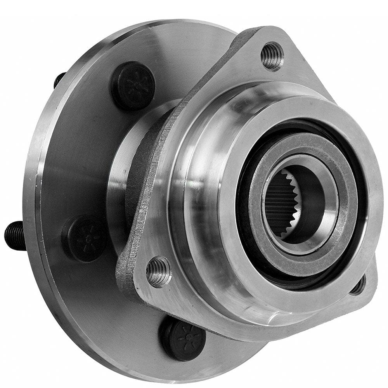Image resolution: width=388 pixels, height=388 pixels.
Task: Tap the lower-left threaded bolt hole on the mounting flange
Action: [x=159, y=271]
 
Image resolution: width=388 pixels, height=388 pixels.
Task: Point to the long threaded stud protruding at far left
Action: [x=15, y=235]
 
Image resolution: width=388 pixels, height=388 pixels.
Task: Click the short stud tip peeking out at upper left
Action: [x=59, y=80]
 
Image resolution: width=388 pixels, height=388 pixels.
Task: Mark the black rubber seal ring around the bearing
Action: [x=244, y=233]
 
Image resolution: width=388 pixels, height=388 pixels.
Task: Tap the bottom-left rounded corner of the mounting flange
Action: [x=132, y=283]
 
